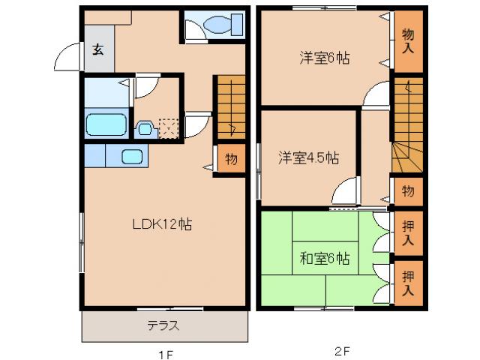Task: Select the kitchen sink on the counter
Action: [x=132, y=156]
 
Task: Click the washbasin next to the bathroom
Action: [x=145, y=128]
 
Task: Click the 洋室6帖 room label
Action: [x=320, y=57]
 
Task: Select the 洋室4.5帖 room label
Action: [x=308, y=158]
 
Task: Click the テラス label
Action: [x=162, y=327]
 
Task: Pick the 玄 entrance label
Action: [x=98, y=50]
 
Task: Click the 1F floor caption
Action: [x=164, y=351]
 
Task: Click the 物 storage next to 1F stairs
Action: [x=231, y=159]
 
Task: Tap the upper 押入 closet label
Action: [x=408, y=232]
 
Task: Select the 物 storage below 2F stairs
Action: [x=408, y=190]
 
